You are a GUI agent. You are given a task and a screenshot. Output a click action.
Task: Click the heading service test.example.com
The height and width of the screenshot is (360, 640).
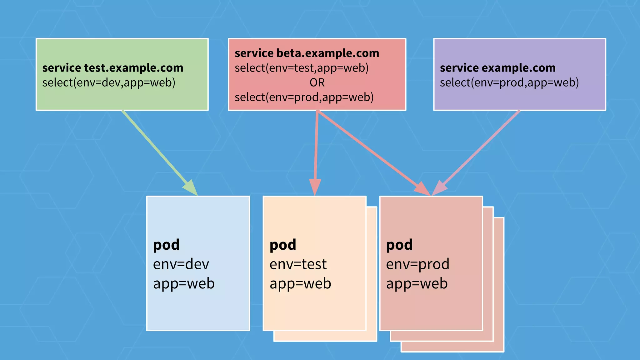(112, 68)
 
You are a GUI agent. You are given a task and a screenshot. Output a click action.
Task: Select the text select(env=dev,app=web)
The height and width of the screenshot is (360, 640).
(109, 82)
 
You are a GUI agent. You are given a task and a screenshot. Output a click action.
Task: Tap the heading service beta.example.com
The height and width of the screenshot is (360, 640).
(307, 53)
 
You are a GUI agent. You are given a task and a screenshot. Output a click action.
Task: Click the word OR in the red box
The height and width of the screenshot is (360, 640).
(317, 82)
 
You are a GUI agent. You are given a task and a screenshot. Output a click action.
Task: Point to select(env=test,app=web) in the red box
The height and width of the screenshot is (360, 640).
(302, 68)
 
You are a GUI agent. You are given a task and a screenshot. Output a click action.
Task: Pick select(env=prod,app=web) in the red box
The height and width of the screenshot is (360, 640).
(304, 97)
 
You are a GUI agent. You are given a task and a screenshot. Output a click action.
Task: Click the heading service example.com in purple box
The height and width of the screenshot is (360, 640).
(497, 68)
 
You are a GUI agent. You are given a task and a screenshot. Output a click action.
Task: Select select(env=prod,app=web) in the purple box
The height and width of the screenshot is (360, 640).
(509, 82)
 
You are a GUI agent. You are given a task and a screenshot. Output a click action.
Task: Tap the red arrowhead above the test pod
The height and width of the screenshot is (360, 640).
(315, 187)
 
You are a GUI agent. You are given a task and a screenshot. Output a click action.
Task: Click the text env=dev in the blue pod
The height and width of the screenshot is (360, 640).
(181, 264)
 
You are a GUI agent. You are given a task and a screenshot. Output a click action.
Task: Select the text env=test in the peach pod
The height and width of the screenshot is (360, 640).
(298, 264)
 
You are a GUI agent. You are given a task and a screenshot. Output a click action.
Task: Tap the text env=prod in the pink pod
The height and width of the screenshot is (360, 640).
(417, 264)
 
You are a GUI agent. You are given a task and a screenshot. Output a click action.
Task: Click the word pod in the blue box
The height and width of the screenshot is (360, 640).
(166, 245)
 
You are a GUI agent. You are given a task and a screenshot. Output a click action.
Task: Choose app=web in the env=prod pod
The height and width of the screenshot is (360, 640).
(417, 283)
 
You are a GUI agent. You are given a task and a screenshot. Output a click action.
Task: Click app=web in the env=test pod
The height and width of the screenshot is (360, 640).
(300, 283)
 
